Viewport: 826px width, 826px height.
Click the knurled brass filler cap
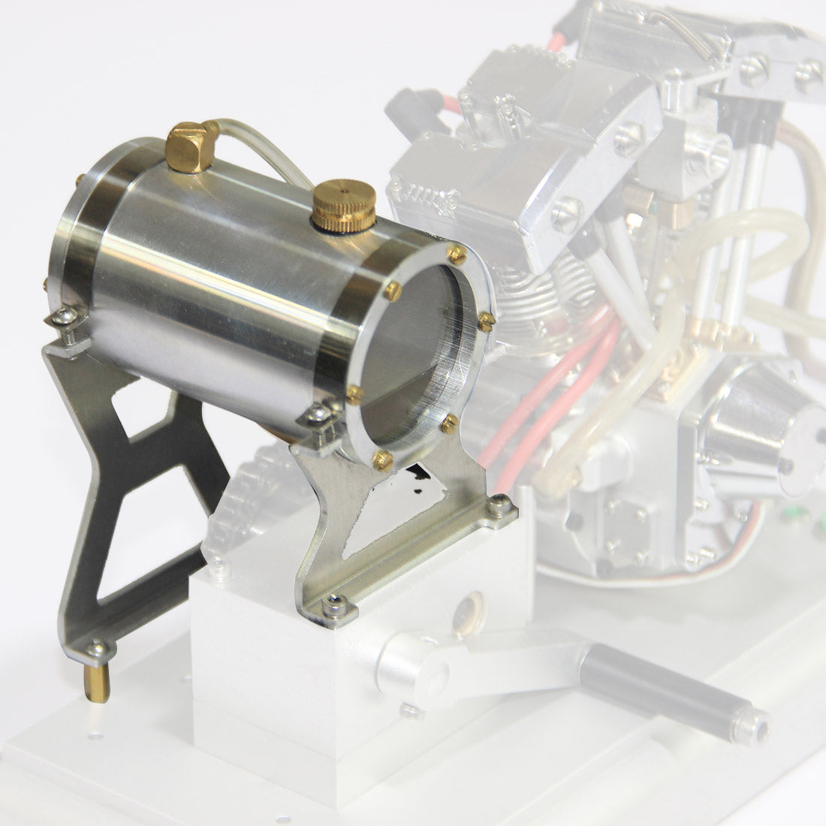pyautogui.click(x=344, y=203)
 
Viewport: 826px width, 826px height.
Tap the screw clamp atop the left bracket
pyautogui.click(x=66, y=318)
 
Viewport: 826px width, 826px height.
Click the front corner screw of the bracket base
pyautogui.click(x=333, y=602)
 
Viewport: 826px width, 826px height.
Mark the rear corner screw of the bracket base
pyautogui.click(x=498, y=508)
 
